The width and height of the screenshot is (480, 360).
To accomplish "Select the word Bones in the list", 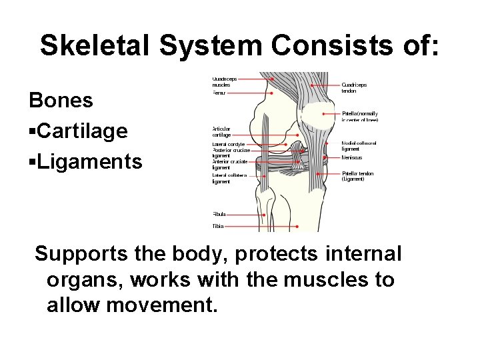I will (60, 101).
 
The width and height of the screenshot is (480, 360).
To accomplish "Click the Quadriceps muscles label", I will (223, 82).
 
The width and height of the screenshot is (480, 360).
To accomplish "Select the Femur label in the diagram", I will (219, 93).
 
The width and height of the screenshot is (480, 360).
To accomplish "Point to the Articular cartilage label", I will (221, 131).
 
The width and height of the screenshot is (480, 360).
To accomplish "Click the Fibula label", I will (219, 215).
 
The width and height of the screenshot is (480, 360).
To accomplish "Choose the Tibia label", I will (218, 227).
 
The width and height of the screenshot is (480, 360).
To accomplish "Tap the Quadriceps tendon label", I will (354, 88).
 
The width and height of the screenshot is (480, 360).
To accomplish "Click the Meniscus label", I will (352, 158).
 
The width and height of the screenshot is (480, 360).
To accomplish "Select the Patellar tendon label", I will (357, 176).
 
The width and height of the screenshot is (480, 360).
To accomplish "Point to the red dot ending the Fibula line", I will (265, 215).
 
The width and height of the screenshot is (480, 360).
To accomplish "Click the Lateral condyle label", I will (228, 144).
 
